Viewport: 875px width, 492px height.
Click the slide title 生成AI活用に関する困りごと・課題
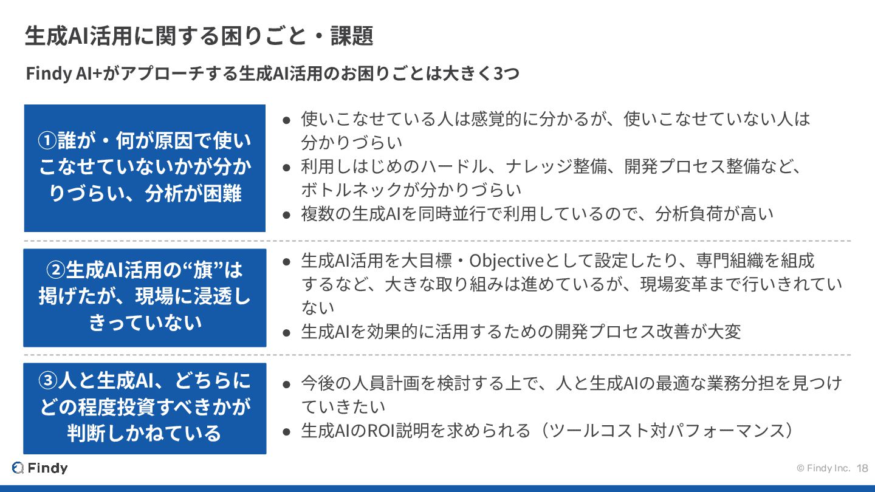(199, 36)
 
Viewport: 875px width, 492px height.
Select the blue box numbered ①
(145, 168)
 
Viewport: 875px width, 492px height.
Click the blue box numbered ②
(145, 297)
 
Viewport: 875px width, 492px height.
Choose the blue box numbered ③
(145, 408)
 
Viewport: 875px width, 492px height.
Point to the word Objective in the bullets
(506, 261)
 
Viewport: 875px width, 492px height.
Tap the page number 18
(862, 468)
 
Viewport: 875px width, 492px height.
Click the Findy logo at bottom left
(40, 468)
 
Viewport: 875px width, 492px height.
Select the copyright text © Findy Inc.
(823, 468)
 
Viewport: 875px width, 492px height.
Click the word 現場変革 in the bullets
(673, 284)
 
